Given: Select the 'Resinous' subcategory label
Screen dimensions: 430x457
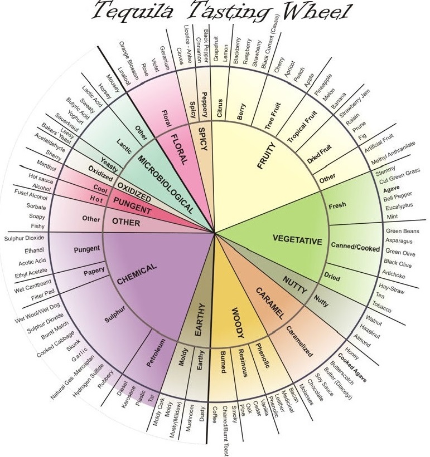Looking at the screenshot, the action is pos(241,365).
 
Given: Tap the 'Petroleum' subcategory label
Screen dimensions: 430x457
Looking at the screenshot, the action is pos(156,352).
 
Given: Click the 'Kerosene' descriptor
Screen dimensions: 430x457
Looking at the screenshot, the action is pos(132,396).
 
